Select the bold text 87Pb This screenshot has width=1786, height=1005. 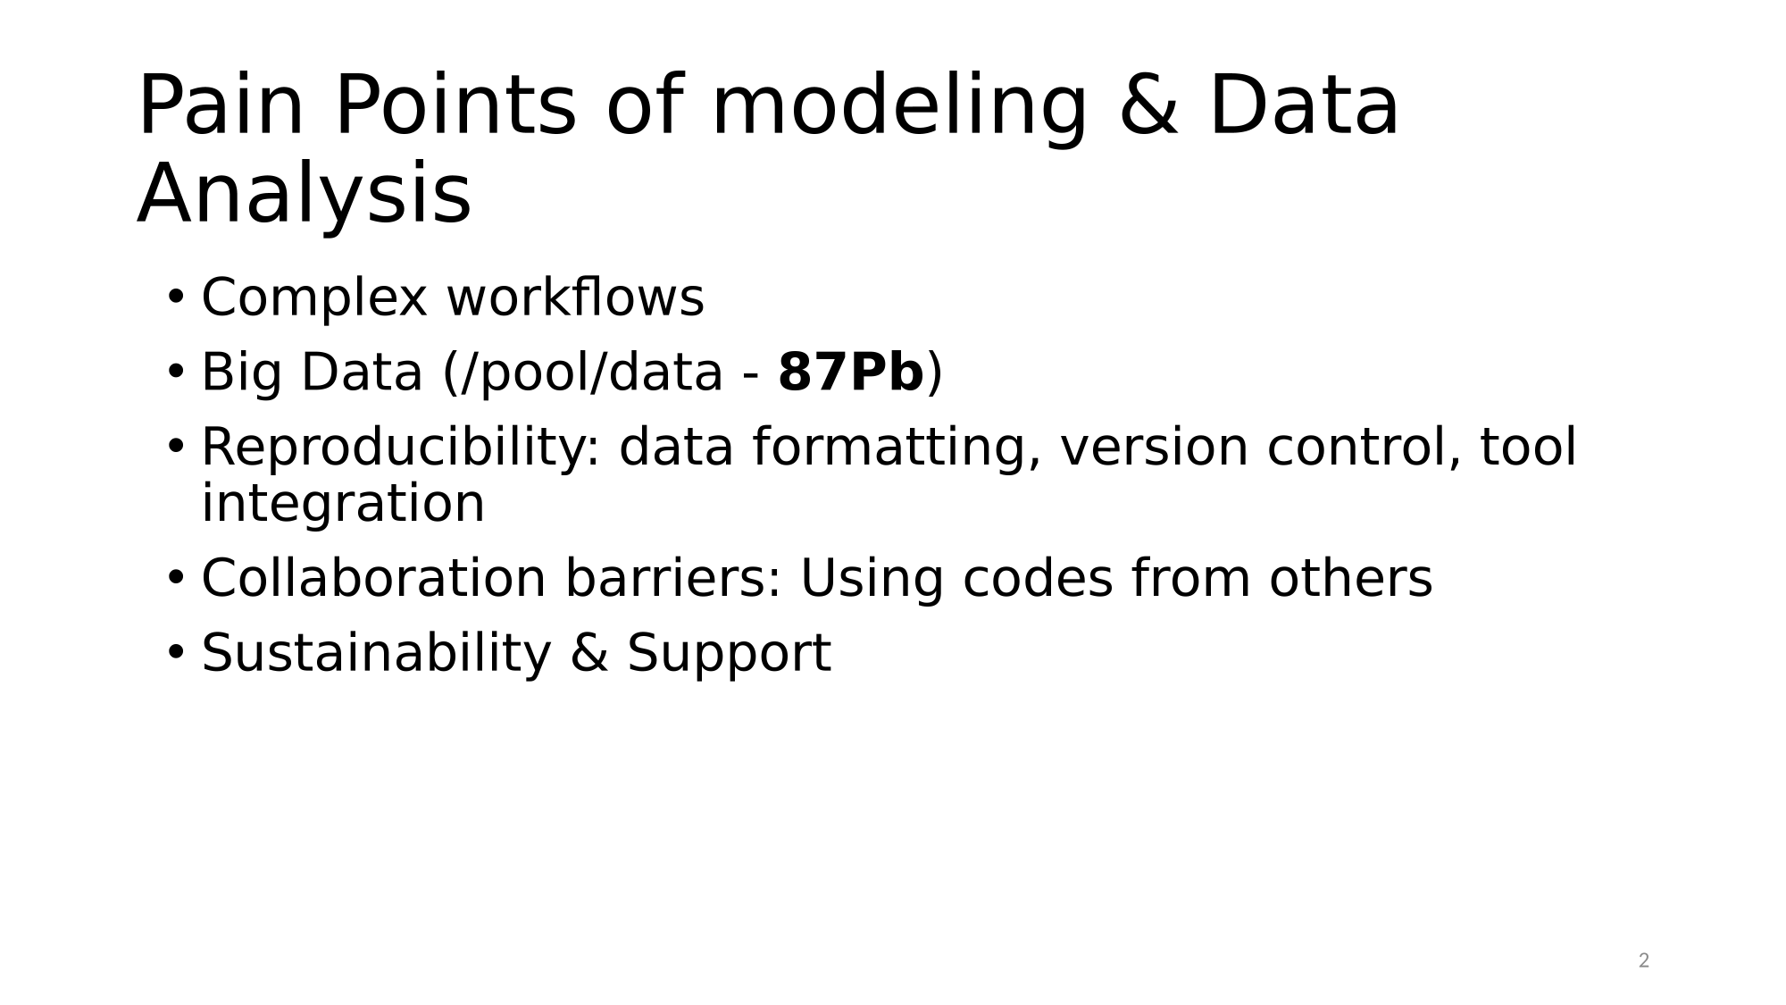point(851,373)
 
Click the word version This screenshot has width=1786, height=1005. point(1154,448)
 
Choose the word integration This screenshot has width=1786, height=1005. point(343,505)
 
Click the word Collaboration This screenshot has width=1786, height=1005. point(373,578)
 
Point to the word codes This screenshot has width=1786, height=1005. point(1038,578)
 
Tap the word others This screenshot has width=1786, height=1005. point(1350,578)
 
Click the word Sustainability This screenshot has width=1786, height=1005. point(376,654)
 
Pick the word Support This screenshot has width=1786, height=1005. point(729,655)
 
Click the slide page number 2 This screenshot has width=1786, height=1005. point(1644,961)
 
